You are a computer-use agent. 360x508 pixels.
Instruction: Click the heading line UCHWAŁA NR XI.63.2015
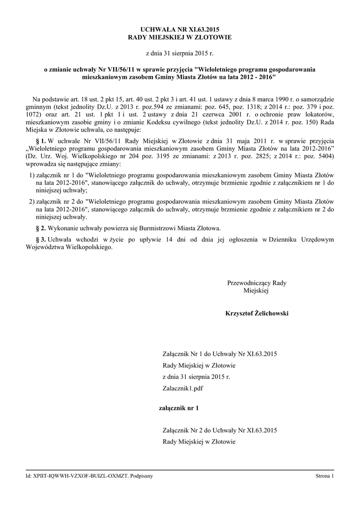(180, 29)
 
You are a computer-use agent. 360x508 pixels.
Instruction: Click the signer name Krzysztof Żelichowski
(257, 314)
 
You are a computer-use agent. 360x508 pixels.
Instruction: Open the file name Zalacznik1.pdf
(183, 389)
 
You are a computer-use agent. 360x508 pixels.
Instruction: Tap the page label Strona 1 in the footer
(325, 476)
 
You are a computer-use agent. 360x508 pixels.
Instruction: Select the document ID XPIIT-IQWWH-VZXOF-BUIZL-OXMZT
(77, 476)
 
